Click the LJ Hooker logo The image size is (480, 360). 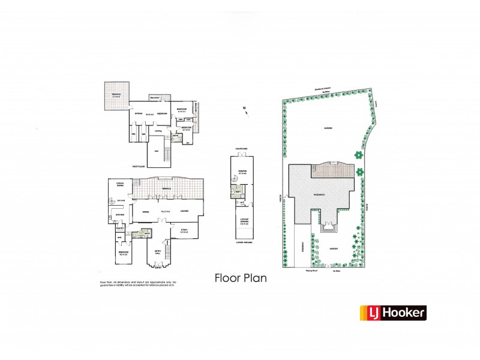tap(392, 312)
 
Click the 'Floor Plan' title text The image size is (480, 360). tap(240, 278)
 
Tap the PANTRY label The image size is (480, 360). tap(119, 228)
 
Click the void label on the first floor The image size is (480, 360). tap(156, 151)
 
